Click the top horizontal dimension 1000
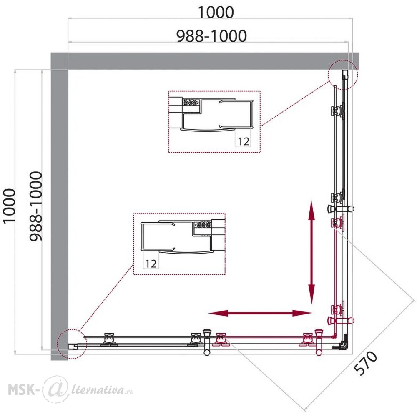[x=216, y=12]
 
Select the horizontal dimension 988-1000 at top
[x=212, y=36]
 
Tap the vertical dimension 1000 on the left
[x=9, y=206]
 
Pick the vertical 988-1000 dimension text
[x=35, y=206]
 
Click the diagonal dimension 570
[x=366, y=363]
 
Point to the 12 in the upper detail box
[x=244, y=141]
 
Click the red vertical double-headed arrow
[x=311, y=252]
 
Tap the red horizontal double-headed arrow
[x=260, y=313]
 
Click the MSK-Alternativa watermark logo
[x=71, y=390]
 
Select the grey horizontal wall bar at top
[x=205, y=61]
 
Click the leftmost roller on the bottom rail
[x=108, y=339]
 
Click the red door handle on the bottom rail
[x=319, y=342]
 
